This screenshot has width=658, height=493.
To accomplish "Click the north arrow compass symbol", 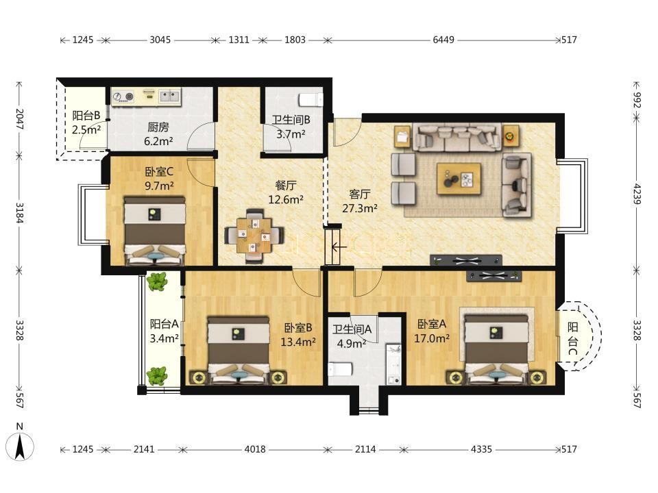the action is (x=19, y=446).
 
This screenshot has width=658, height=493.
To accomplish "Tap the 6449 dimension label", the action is (x=443, y=40).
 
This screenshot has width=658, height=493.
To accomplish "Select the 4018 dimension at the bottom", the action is (x=255, y=449).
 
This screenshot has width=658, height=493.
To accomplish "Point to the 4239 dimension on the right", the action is (x=637, y=193).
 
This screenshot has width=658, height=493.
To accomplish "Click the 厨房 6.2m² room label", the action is (x=158, y=134).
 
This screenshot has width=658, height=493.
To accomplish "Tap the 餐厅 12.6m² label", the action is (x=286, y=192).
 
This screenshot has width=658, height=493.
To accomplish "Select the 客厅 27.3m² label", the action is (x=360, y=201).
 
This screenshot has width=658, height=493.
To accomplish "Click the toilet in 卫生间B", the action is (x=310, y=100).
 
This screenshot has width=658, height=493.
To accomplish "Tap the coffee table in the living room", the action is (x=459, y=179).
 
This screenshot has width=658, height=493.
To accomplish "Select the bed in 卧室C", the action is (x=155, y=231).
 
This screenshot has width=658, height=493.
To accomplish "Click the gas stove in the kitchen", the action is (x=123, y=97).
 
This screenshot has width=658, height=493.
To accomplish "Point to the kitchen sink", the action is (x=169, y=97).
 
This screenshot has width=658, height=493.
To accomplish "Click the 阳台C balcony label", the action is (x=573, y=339).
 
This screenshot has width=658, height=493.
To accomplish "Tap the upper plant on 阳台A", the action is (x=157, y=281).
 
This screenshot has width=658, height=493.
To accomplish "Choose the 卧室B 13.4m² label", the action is (x=298, y=335).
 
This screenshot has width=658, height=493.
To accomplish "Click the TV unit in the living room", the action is (x=466, y=260).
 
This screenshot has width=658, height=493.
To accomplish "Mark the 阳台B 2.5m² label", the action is (x=86, y=123).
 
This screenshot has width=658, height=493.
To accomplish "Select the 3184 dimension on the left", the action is (x=19, y=213).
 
